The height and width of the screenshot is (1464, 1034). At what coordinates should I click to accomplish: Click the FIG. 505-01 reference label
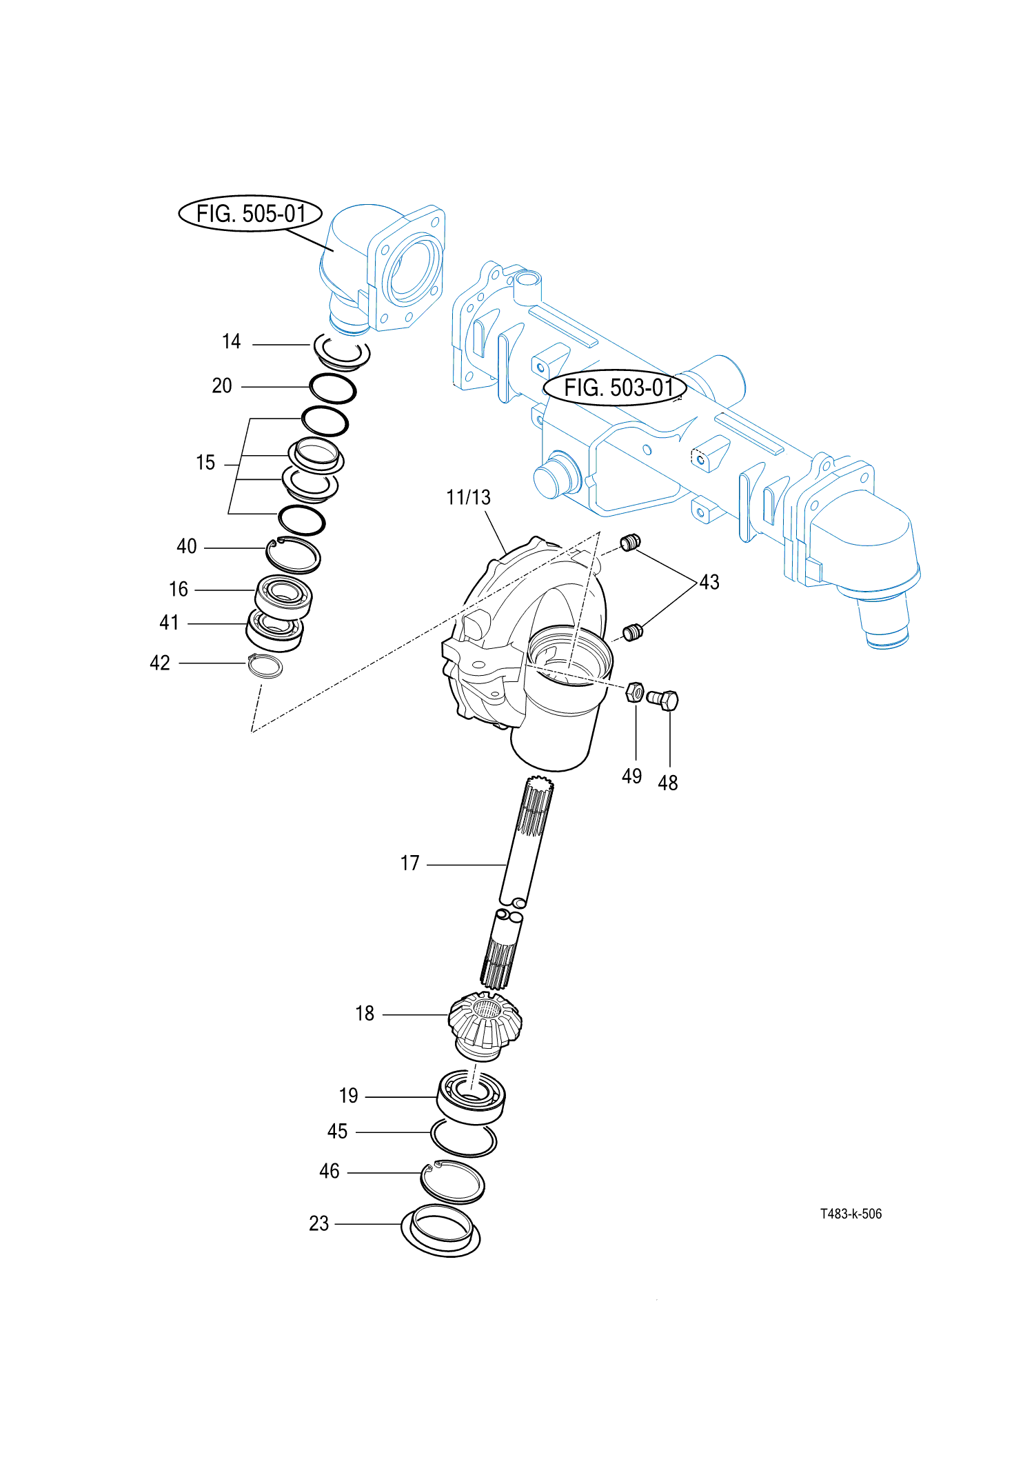pos(250,214)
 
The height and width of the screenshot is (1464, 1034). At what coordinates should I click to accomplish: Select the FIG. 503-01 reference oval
pos(615,388)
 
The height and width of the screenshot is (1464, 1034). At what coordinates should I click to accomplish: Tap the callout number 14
pos(232,341)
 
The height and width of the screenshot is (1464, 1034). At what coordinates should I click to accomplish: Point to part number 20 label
pos(222,385)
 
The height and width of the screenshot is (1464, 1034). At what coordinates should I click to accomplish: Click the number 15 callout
pos(205,462)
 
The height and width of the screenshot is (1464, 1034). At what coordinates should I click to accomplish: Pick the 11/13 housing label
pos(468,497)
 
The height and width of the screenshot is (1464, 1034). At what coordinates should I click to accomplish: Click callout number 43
pos(709,582)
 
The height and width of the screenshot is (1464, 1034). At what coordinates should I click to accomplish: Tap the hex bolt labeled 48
pos(664,701)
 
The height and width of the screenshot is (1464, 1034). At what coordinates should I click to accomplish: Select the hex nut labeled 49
pos(635,692)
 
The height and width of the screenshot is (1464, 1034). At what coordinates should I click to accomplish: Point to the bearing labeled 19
pos(471,1096)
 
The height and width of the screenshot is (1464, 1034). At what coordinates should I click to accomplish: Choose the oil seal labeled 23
pos(440,1231)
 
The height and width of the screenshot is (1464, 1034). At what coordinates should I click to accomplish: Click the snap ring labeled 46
pos(452,1182)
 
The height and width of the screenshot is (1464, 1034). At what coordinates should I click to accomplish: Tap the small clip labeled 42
pos(265,665)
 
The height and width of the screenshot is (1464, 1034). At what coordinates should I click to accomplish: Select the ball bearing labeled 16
pos(283,595)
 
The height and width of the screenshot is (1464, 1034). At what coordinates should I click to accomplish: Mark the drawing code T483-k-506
pos(851,1214)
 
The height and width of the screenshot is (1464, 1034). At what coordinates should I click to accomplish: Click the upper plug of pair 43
pos(630,543)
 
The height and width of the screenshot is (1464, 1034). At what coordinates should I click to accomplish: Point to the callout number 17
pos(410,863)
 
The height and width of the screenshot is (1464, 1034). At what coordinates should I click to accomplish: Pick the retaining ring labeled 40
pos(294,554)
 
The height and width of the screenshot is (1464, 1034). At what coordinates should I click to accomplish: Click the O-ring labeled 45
pos(463,1137)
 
